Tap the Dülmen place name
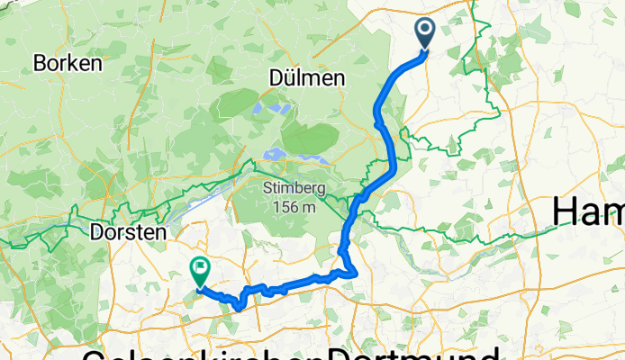click(x=307, y=79)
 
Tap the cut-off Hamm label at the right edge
click(x=588, y=212)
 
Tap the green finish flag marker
click(x=198, y=271)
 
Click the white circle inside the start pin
click(x=425, y=31)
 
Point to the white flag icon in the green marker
click(x=198, y=267)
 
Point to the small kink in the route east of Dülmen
click(x=376, y=111)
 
